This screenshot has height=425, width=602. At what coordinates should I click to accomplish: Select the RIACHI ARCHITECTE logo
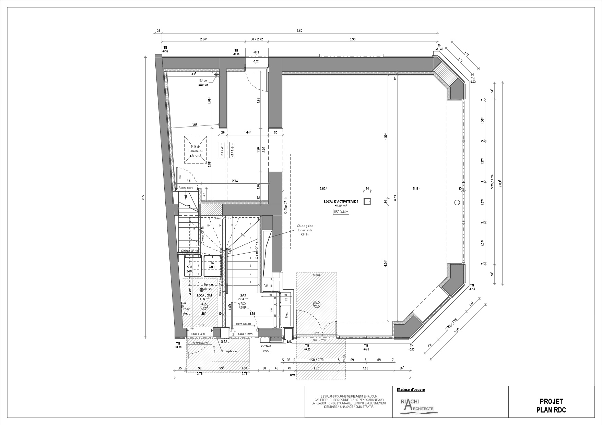pos(417,406)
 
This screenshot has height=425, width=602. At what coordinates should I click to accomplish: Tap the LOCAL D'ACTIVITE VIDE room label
pos(341,202)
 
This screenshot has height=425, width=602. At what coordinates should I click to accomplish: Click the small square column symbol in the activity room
pos(367,202)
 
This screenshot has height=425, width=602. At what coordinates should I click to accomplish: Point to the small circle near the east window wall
pos(457,203)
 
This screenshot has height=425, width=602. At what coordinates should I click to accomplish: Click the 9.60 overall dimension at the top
pos(299,31)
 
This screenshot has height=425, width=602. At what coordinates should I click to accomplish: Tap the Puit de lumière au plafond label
pos(196,150)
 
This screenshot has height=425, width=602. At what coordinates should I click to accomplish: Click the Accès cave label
pos(186,188)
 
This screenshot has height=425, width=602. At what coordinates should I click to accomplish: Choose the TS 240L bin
pos(212,265)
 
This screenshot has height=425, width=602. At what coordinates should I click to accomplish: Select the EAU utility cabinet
pos(267,286)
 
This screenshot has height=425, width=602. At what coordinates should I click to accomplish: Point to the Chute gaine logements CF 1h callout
pos(305,230)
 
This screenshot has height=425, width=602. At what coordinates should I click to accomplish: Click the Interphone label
pos(229,351)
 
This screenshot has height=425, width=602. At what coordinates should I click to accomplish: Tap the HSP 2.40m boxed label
pos(222,150)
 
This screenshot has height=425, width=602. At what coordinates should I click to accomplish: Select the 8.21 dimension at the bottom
pos(293,375)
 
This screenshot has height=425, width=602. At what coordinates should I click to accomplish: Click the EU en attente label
pos(203,83)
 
